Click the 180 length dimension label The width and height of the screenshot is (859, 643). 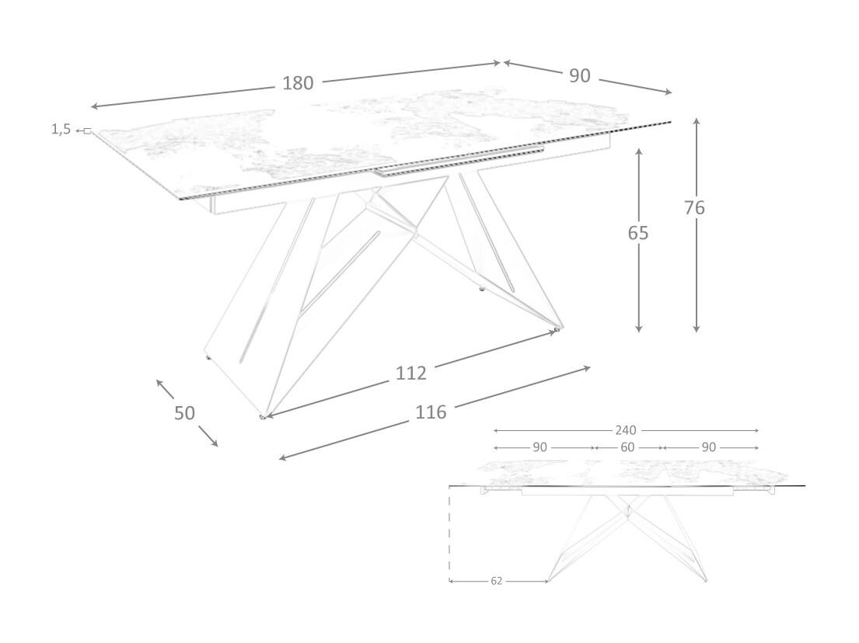coord(298,83)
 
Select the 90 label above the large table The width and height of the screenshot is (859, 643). coord(579,75)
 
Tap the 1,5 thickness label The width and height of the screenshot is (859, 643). coord(61,129)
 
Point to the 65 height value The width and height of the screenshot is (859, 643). coord(638,232)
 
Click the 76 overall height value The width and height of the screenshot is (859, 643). coord(695,207)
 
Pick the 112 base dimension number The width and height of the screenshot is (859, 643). coord(411,374)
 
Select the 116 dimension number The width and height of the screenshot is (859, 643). coord(431,412)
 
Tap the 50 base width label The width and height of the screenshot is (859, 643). coord(184,412)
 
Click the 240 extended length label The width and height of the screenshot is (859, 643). coord(626,430)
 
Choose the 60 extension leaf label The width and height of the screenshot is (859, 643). coord(628,447)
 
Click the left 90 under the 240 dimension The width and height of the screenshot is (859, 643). coord(540,447)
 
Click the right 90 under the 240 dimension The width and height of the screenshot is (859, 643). coord(708,447)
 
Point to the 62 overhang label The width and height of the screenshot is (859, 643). coord(497,581)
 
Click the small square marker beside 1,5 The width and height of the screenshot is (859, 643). coord(87,130)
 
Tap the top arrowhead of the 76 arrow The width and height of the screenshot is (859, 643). coord(697,121)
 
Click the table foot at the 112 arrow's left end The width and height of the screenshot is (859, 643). coord(263,418)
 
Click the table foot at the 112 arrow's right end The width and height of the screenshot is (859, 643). coord(557,331)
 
